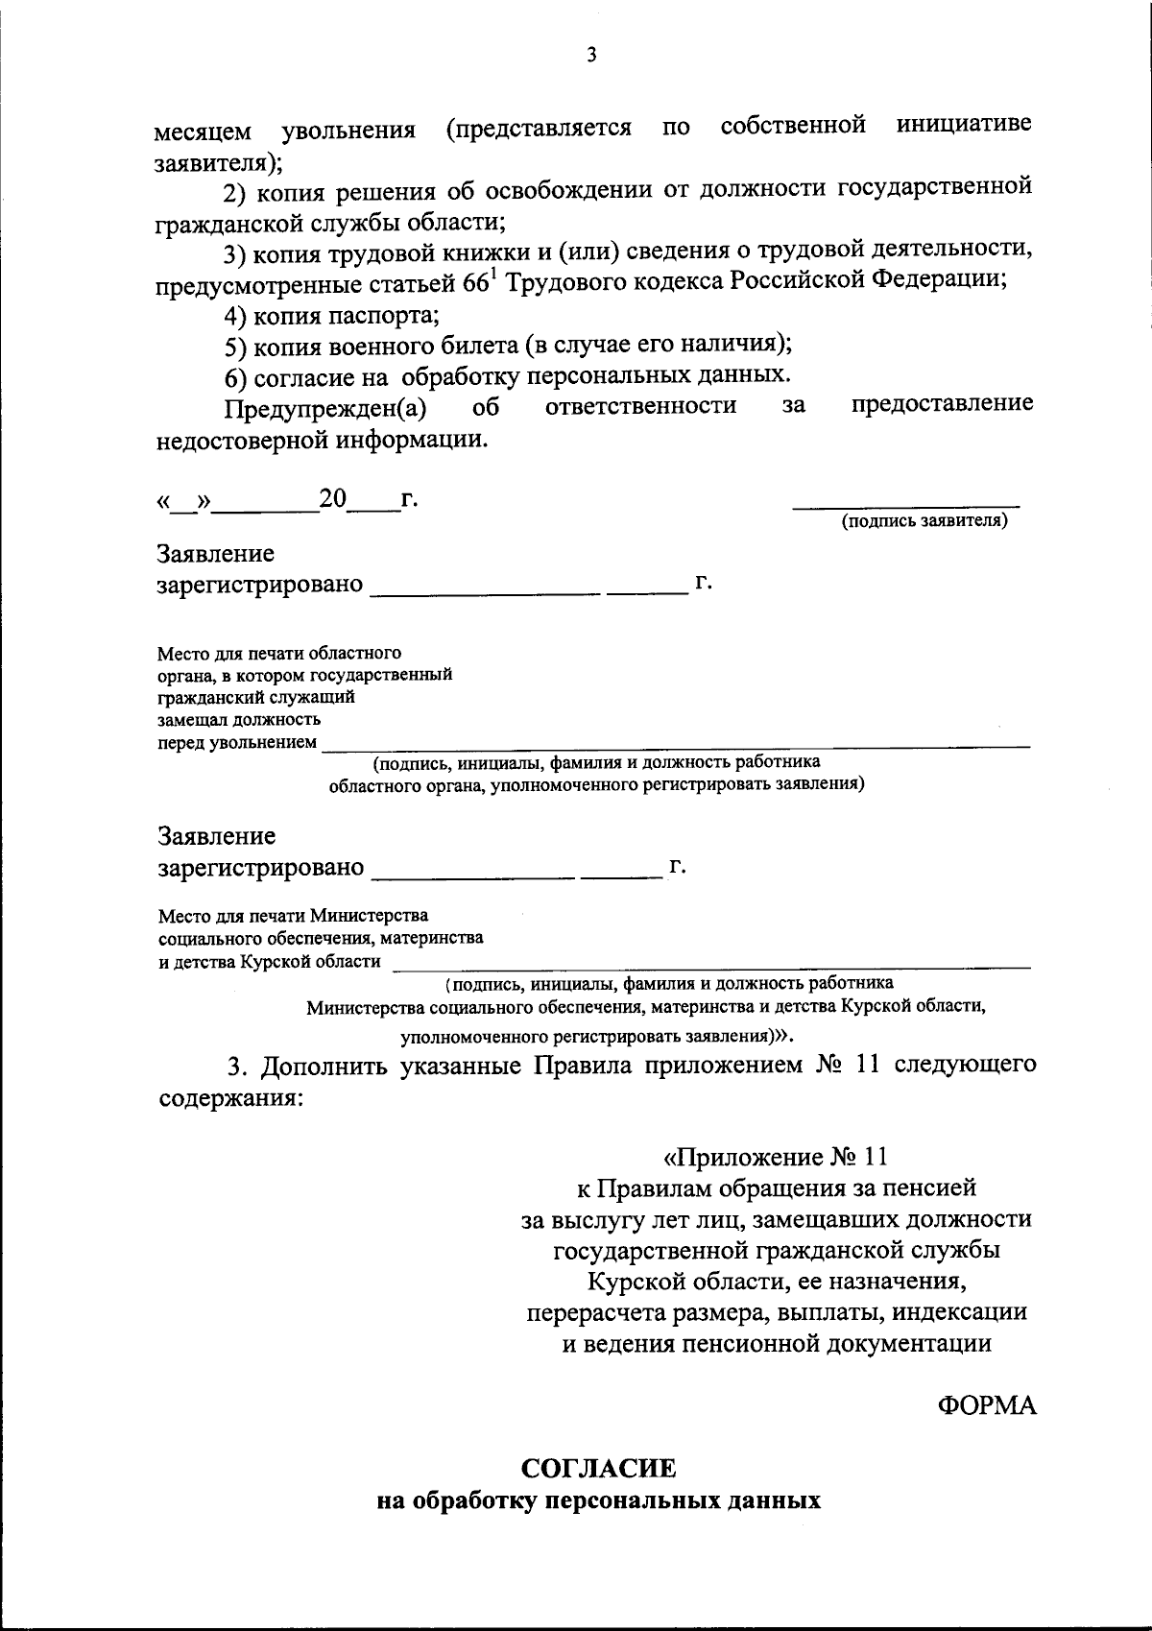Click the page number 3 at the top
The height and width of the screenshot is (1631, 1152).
click(x=591, y=56)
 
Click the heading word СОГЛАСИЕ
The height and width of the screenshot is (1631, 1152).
click(x=598, y=1468)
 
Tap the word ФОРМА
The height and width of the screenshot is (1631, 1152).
click(x=987, y=1405)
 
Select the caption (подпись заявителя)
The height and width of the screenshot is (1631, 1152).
click(x=924, y=521)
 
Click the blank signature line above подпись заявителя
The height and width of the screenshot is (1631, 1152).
click(x=905, y=505)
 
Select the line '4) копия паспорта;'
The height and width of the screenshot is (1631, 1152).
click(x=331, y=314)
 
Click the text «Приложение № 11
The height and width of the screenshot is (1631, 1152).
click(x=779, y=1156)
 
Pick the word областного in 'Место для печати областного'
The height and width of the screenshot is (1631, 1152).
click(x=358, y=654)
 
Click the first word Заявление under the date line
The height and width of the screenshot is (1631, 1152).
click(x=216, y=554)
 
